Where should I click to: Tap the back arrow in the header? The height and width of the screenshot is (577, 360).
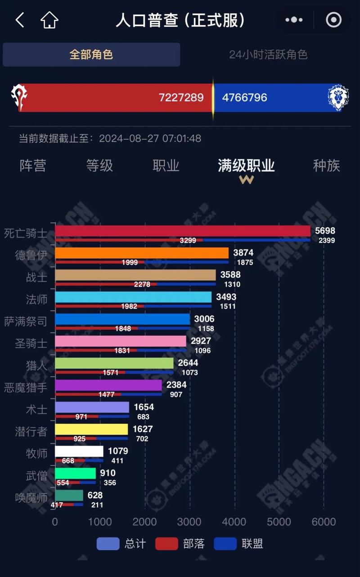point(20,20)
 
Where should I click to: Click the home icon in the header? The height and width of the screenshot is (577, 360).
point(49,20)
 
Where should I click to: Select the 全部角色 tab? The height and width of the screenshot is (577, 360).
point(91,55)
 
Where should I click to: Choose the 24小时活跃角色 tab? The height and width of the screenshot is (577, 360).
point(268,55)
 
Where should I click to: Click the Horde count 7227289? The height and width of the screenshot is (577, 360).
point(181,98)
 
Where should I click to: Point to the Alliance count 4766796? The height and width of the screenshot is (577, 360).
point(245,98)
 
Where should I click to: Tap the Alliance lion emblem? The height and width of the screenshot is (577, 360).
point(338,97)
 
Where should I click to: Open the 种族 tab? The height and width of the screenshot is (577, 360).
point(326,165)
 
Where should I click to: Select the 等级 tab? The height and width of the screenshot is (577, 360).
point(99,165)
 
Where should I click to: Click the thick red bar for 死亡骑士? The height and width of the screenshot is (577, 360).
point(182,231)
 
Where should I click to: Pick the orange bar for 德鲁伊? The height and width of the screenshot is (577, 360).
point(142,253)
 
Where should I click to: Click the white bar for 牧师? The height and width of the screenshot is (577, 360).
point(79,451)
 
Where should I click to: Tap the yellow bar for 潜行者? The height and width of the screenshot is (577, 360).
point(91,429)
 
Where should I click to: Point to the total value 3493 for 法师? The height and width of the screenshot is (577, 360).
point(226,297)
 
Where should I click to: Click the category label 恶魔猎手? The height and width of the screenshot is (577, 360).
point(26,387)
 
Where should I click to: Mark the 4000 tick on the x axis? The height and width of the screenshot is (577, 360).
point(234,522)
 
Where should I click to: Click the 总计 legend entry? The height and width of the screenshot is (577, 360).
point(121,544)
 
